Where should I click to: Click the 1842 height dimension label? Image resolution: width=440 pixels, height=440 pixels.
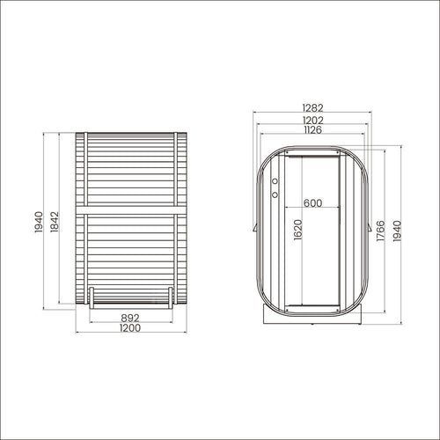55,222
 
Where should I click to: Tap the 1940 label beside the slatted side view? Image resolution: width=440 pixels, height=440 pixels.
39,222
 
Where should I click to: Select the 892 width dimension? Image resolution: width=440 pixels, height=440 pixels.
130,318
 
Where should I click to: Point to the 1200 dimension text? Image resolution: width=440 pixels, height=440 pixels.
130,327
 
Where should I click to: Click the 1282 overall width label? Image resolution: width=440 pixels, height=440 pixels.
313,107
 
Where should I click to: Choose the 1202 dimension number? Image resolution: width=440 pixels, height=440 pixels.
313,120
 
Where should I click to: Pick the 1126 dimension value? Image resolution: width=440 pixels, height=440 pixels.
313,129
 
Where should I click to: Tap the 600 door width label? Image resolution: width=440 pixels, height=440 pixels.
312,203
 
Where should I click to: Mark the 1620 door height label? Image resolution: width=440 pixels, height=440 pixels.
297,230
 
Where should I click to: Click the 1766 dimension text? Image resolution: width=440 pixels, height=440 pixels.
380,231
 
